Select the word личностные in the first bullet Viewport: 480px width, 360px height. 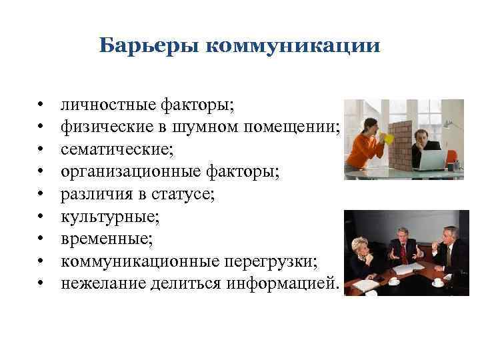[x=109, y=104]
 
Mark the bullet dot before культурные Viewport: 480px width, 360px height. [x=41, y=218]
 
